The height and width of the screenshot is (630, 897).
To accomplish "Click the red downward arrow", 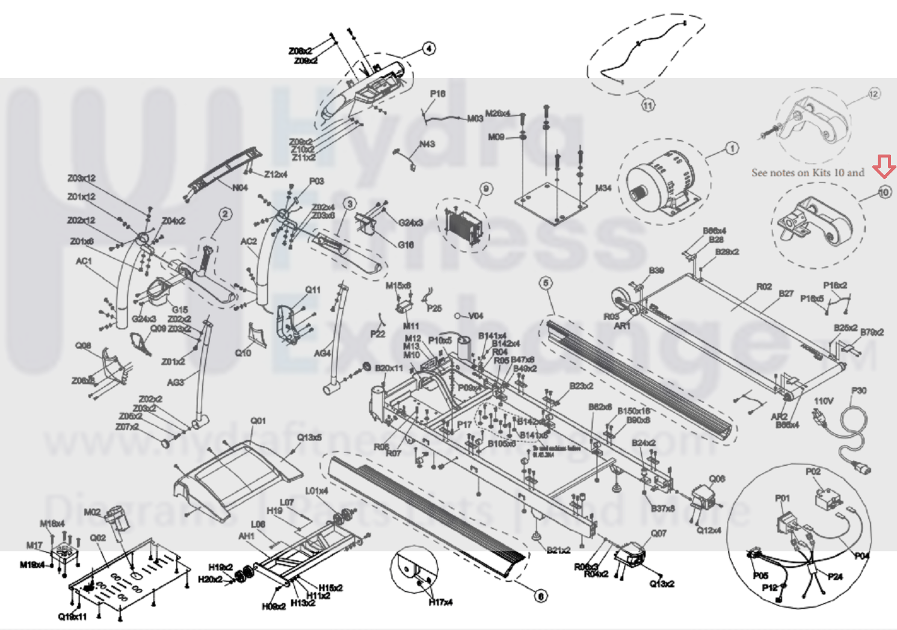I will point(884,167).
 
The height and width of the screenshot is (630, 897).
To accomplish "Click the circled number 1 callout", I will point(732,148).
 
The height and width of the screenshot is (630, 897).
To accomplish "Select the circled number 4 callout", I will point(428,49).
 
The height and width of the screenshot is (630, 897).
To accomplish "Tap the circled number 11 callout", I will point(647,105).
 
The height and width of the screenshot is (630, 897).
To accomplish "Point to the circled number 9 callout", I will point(486,189).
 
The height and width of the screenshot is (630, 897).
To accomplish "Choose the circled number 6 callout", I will point(541,596).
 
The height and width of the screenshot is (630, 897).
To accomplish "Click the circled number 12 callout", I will point(874,93).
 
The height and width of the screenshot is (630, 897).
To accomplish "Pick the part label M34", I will point(603,188).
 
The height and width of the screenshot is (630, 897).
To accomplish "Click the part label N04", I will point(240,188).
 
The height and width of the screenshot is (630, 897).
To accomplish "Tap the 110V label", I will point(823,401).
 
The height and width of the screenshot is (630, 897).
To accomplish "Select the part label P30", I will point(858,391).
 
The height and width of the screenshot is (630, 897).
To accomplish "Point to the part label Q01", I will point(257,421).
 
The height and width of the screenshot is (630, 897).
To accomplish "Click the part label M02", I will point(92,512).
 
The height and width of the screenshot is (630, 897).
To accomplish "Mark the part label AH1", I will point(246,536).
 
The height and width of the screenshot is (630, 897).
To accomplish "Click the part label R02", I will point(763,286).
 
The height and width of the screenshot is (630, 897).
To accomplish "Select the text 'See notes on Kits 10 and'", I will point(807,173).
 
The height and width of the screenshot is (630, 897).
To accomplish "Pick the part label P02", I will point(813,472).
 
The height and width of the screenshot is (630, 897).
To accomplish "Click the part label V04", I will point(475,316).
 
